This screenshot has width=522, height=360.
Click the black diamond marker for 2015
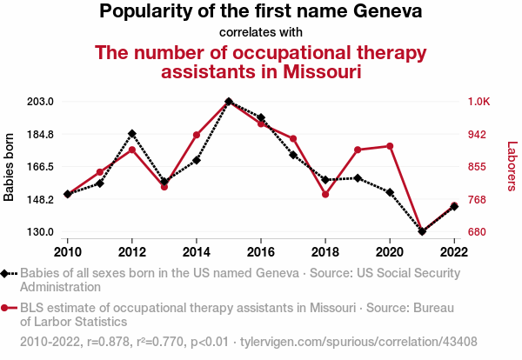229,102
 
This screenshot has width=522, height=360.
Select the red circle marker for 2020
390,146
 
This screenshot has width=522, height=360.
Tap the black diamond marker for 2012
132,134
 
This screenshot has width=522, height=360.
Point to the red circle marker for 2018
325,195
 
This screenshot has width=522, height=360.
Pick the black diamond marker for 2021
422,231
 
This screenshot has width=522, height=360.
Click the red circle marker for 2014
197,135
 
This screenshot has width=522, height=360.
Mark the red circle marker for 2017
293,139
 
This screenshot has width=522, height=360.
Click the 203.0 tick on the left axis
41,102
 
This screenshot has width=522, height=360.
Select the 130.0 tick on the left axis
41,232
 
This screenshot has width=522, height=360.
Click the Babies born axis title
10,167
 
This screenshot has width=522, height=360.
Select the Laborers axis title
512,167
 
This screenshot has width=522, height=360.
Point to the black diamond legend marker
7,273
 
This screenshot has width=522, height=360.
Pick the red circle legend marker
7,308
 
